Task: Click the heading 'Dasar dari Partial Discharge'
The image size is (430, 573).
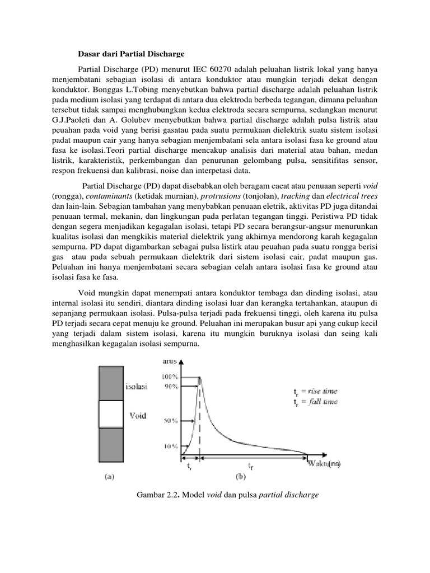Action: [130, 54]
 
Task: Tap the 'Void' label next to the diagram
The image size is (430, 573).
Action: [138, 415]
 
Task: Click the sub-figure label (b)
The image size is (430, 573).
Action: [239, 477]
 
